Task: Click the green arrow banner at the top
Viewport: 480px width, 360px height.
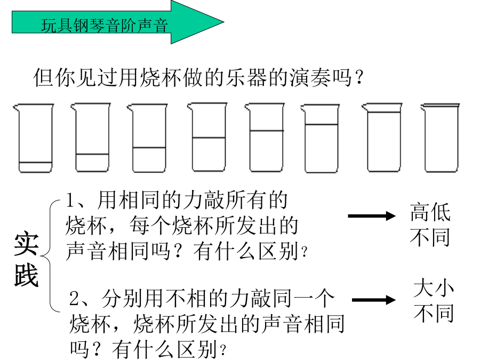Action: [118, 22]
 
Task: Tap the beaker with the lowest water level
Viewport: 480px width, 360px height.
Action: [35, 138]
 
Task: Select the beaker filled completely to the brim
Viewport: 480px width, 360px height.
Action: [441, 138]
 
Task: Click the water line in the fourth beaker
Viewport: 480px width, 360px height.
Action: [209, 138]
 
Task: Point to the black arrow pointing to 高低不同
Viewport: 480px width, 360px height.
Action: [372, 216]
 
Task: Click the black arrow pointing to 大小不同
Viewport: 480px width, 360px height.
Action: [374, 300]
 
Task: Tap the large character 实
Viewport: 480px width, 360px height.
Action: [26, 244]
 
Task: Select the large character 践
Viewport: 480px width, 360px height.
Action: [26, 275]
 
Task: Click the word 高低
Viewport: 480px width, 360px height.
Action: [430, 212]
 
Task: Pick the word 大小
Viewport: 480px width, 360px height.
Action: [434, 287]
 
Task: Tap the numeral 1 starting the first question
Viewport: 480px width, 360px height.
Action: [71, 200]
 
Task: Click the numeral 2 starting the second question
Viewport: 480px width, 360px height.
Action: [74, 298]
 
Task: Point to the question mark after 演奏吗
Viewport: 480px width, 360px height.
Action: [359, 77]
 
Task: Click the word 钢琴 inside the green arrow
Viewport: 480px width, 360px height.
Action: [89, 25]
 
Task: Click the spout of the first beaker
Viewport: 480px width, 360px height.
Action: [16, 107]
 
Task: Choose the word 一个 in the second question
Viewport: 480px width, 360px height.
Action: [314, 298]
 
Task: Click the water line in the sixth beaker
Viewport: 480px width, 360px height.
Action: [322, 125]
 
